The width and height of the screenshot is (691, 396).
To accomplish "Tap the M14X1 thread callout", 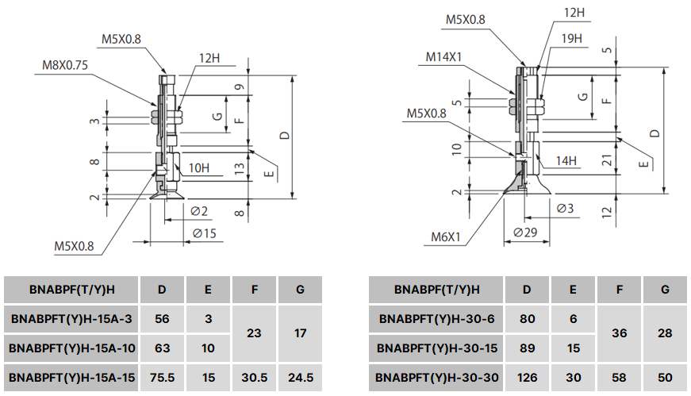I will point(445,56).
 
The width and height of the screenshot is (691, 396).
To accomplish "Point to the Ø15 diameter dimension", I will point(204,233).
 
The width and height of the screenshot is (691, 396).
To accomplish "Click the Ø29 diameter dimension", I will point(525,233).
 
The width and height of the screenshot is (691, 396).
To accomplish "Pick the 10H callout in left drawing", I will point(199,168).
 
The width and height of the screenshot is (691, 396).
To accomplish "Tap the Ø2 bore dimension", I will point(199,211).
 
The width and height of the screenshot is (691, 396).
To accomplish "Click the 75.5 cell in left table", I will point(162,378).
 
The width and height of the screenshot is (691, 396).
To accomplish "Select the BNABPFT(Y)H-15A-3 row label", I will point(71,319).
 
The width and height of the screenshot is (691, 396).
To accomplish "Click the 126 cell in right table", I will point(527,377).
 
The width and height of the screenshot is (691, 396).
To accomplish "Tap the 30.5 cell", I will point(254,378).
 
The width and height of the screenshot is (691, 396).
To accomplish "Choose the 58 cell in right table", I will point(619,377).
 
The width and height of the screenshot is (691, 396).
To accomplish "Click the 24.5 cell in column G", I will point(300,378).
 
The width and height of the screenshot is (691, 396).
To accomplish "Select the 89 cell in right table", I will point(527,348).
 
